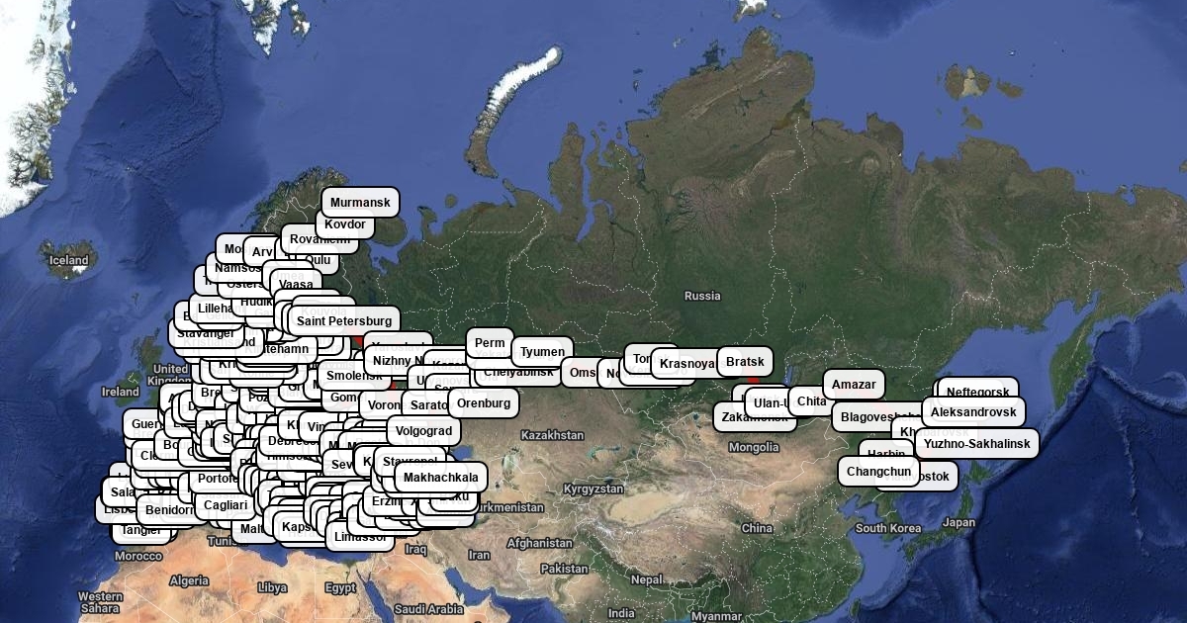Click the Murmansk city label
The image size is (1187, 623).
coord(360,203)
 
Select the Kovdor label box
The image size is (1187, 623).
coord(345,224)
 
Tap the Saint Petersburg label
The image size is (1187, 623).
coord(344,320)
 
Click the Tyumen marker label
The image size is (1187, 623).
coord(542,351)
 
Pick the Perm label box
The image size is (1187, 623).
coord(490,343)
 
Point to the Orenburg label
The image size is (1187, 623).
coord(484,403)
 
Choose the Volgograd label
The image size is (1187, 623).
coord(423,431)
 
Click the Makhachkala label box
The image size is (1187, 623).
coord(440,478)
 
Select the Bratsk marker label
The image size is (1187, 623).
coord(745,362)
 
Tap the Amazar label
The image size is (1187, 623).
coord(854,385)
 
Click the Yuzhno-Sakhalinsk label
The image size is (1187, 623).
coord(977,444)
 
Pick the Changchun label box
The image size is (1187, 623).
coord(878,472)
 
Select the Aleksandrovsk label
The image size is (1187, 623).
coord(973,411)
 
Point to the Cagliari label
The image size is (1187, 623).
coord(226,505)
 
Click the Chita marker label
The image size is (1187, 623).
coord(811,401)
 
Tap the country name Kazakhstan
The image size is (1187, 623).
coord(552,435)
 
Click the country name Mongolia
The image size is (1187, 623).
coord(754,447)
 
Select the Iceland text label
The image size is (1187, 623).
coord(69,261)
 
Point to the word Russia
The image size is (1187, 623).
coord(702,296)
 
